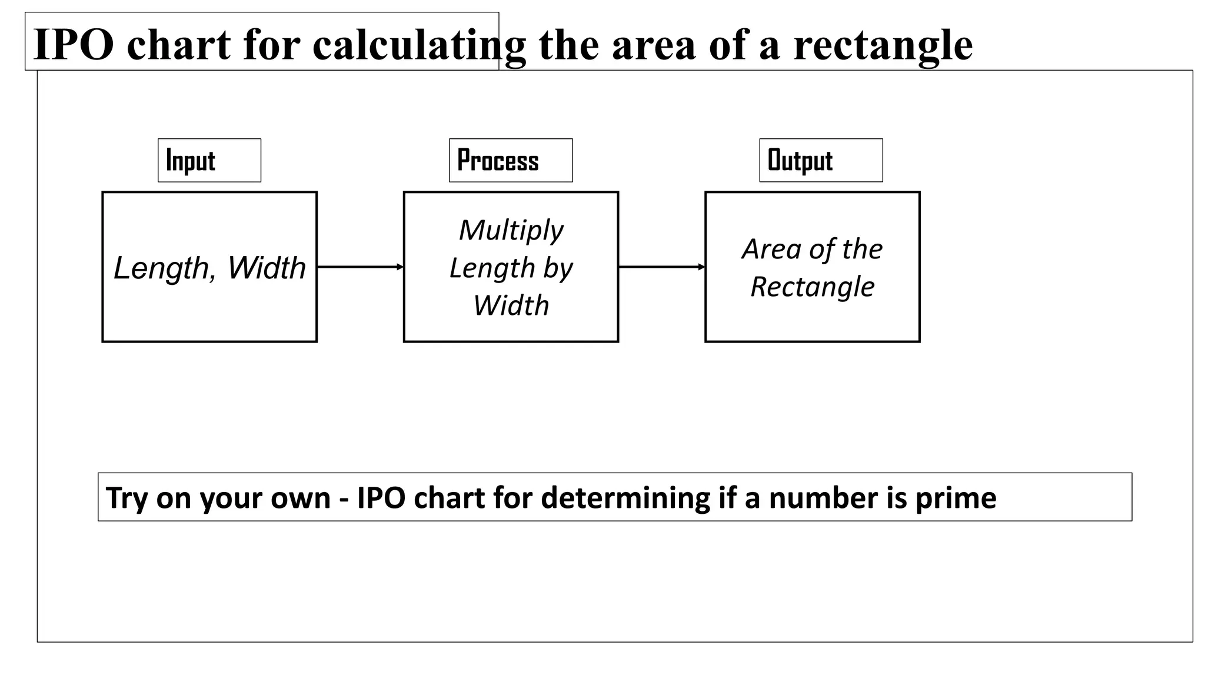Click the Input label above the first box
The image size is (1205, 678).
click(x=191, y=161)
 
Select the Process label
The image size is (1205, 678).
click(x=498, y=161)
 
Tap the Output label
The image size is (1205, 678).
click(x=800, y=161)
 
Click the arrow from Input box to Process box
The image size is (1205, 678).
click(x=360, y=267)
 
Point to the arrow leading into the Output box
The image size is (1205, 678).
click(x=661, y=267)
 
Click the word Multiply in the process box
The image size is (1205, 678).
click(x=511, y=231)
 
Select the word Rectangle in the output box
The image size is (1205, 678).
click(x=813, y=287)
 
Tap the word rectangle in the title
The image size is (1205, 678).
click(x=883, y=45)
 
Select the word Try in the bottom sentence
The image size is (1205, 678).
click(x=127, y=498)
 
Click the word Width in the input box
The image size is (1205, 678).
click(x=267, y=268)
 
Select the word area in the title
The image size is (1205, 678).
click(x=654, y=45)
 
